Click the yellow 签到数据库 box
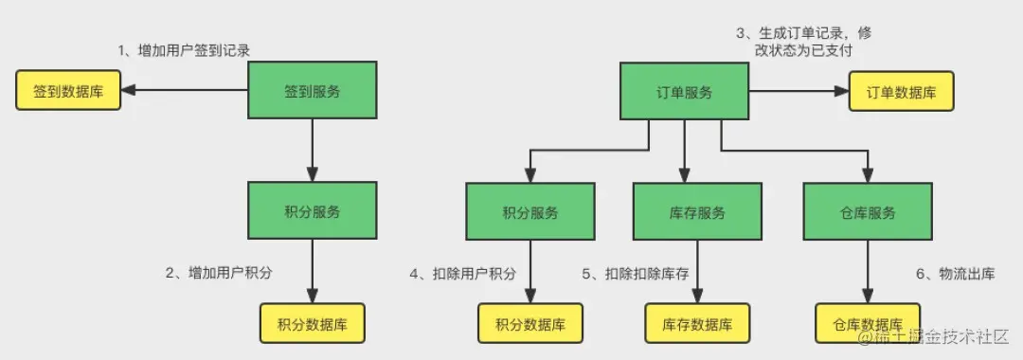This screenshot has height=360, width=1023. point(68,92)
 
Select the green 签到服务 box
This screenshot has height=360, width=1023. point(313,92)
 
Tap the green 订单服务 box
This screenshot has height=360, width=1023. point(684,92)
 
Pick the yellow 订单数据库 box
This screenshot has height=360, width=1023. point(900,92)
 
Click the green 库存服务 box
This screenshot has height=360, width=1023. point(696,213)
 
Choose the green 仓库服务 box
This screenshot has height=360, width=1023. point(867,213)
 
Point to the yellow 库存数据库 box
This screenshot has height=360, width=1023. point(697,324)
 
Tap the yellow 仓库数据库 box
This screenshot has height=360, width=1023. point(867,324)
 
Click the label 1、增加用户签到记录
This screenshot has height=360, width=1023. point(184,50)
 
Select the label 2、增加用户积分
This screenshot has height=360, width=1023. point(219,273)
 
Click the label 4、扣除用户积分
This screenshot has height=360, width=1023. point(463,273)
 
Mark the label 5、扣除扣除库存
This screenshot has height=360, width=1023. point(636,273)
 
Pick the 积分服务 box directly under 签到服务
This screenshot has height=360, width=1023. point(313,213)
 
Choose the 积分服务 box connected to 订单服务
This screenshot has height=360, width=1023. point(530,213)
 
